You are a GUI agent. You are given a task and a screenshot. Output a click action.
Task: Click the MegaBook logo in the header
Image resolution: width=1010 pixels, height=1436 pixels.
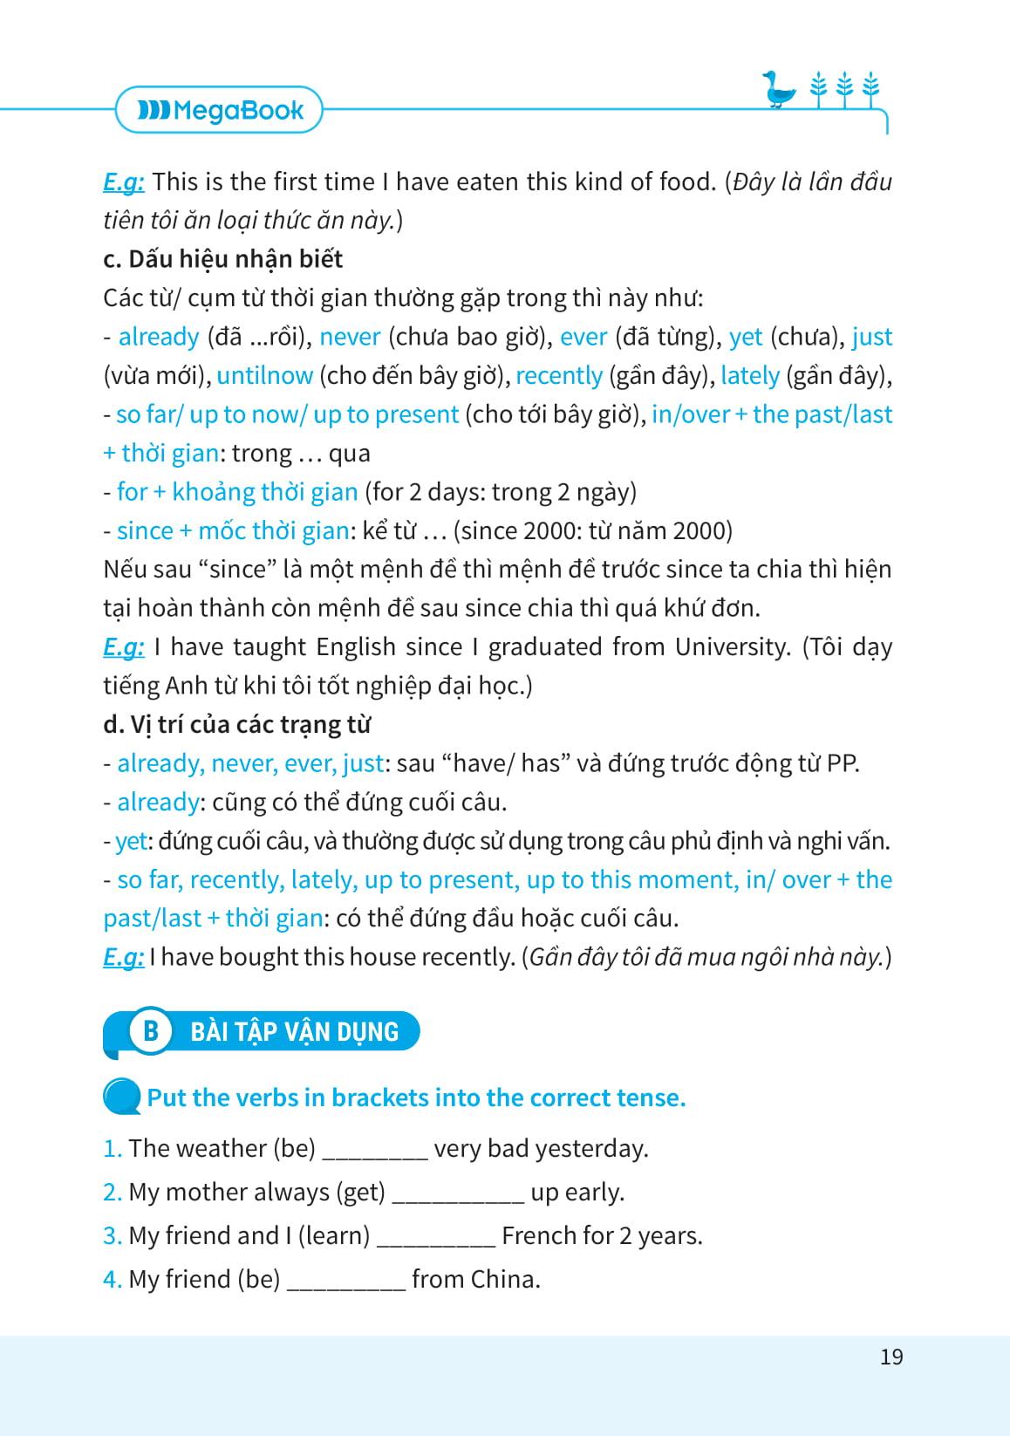coord(220,110)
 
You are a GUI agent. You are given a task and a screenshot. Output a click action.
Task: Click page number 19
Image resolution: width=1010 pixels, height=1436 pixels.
coord(891,1357)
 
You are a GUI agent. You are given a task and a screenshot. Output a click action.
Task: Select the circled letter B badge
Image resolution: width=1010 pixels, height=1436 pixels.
coord(151,1031)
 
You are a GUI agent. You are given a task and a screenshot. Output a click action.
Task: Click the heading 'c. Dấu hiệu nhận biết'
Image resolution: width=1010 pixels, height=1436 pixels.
coord(222,259)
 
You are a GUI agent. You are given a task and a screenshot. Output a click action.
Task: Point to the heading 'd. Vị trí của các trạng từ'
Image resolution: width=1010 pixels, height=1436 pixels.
coord(236,724)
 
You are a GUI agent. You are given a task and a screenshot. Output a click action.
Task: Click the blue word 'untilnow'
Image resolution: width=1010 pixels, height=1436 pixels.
coord(264,375)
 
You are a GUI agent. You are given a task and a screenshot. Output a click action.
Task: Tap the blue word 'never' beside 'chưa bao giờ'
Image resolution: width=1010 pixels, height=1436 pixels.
coord(350,337)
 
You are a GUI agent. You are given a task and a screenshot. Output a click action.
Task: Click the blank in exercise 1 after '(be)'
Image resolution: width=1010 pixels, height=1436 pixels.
coord(375,1150)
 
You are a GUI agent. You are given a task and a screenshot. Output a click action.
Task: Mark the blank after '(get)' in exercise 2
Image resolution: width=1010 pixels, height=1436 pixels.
coord(458,1193)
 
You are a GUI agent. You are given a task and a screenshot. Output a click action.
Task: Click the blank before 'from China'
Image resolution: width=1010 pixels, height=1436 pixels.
coord(346,1281)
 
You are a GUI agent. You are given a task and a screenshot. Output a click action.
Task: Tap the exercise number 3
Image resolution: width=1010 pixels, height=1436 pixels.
coord(112,1235)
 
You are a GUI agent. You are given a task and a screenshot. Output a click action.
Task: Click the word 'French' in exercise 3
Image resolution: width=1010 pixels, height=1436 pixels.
coord(539,1235)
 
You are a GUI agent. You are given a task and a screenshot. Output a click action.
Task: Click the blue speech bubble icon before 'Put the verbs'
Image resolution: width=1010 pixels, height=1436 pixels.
coord(121,1097)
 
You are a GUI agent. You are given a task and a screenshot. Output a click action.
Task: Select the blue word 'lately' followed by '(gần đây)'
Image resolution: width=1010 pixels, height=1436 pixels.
coord(749,375)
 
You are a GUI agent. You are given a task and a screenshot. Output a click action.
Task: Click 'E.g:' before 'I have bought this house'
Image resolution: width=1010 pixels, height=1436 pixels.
coord(123,957)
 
